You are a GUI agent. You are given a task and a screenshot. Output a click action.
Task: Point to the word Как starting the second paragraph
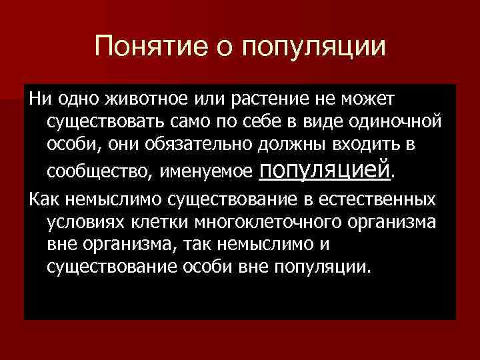pos(41,199)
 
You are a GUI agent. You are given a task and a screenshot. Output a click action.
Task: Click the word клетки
pos(149,222)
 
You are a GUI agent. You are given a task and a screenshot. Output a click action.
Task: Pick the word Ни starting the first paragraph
pos(37,99)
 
